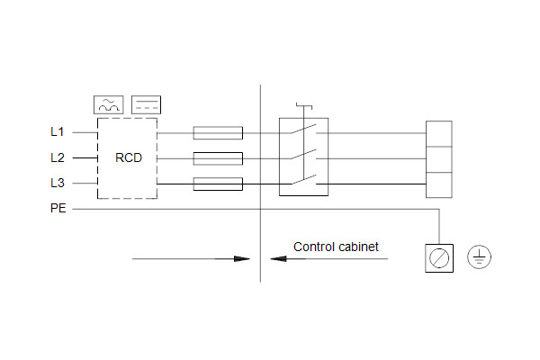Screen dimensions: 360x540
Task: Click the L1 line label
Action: (x=57, y=132)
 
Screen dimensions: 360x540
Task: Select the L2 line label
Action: (x=57, y=157)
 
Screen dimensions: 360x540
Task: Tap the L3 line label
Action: (x=57, y=184)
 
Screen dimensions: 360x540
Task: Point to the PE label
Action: (x=57, y=209)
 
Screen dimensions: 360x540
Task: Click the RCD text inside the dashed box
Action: (x=128, y=157)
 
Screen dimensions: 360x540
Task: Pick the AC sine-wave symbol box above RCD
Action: (x=108, y=103)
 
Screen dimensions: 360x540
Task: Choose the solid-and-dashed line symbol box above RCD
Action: (x=146, y=103)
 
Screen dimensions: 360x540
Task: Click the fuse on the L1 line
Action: (x=218, y=133)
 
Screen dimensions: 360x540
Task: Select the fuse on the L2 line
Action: (x=218, y=159)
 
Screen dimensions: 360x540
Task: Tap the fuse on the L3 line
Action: (x=218, y=184)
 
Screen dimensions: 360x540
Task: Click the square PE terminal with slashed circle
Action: (x=438, y=258)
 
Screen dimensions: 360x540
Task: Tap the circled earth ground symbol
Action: (x=480, y=258)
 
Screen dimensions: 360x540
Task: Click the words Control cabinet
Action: (x=336, y=246)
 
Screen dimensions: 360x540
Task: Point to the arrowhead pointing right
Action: (x=240, y=258)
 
